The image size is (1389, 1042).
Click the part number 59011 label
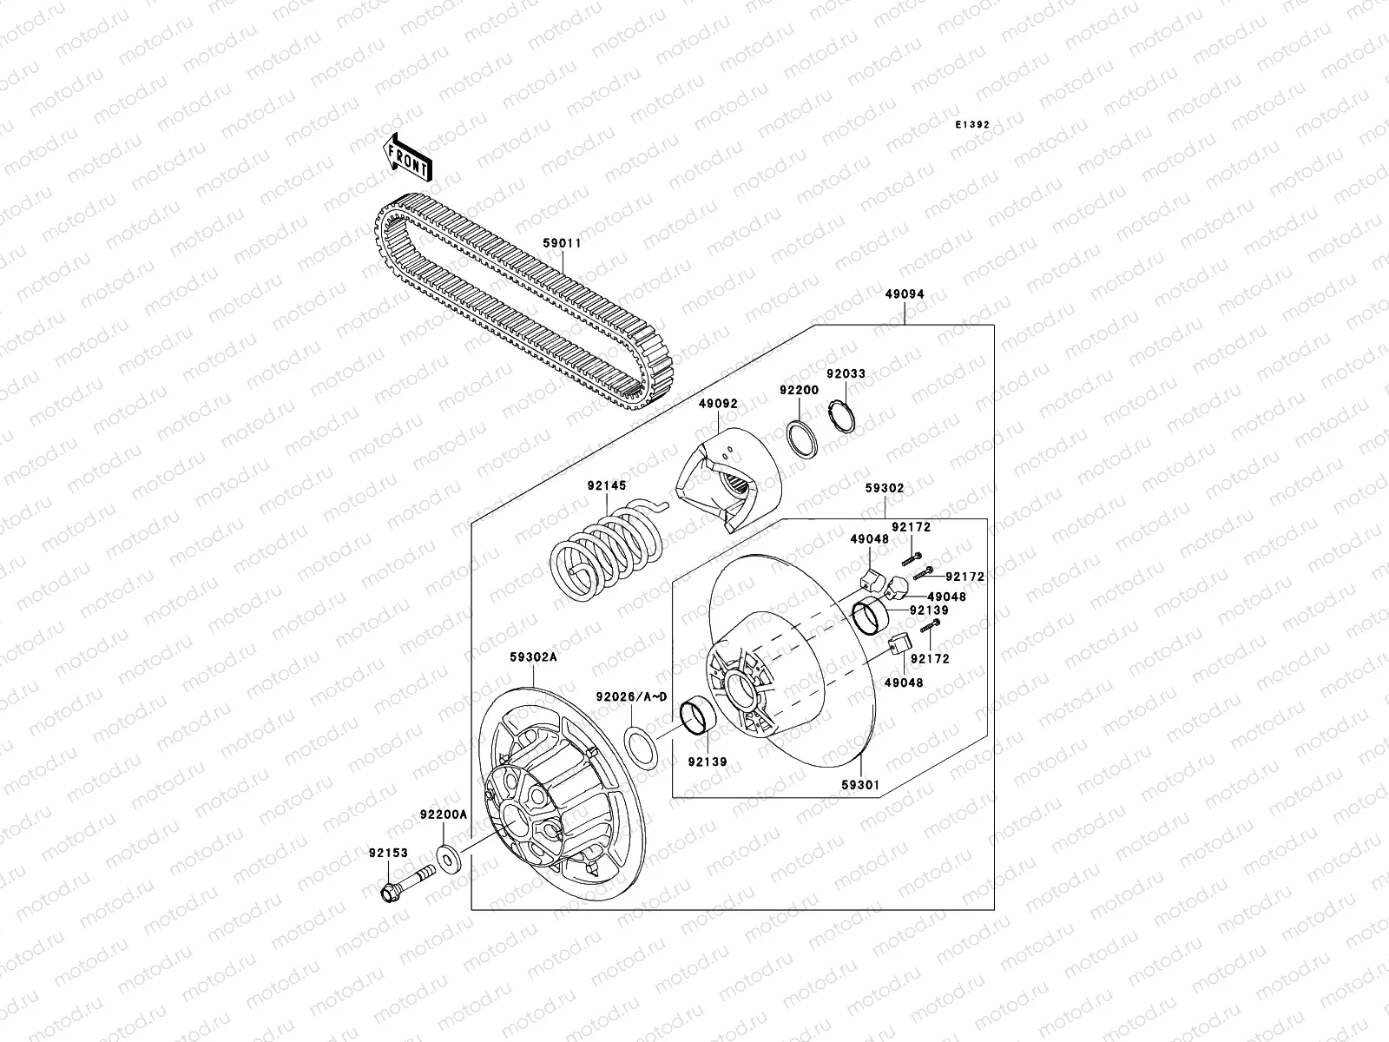563,244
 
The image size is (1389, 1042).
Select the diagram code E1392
972,125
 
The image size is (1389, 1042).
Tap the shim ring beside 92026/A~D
641,746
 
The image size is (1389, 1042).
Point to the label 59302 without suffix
884,489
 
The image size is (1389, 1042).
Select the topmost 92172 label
912,527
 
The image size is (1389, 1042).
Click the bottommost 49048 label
904,683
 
